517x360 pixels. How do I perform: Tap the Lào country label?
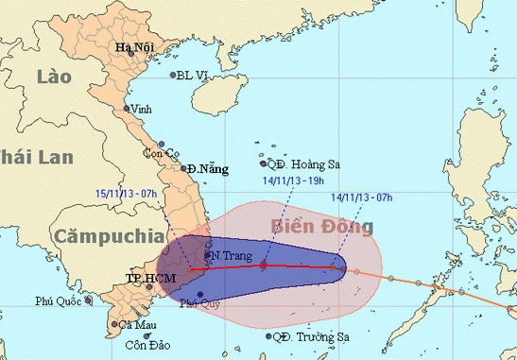[x=45, y=77]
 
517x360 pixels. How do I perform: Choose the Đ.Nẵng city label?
[x=208, y=169]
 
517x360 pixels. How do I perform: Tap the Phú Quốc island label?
[x=58, y=302]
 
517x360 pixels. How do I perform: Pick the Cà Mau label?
[x=138, y=325]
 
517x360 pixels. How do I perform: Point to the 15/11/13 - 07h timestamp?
[x=126, y=193]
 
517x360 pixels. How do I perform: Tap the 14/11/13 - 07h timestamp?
[x=363, y=197]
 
